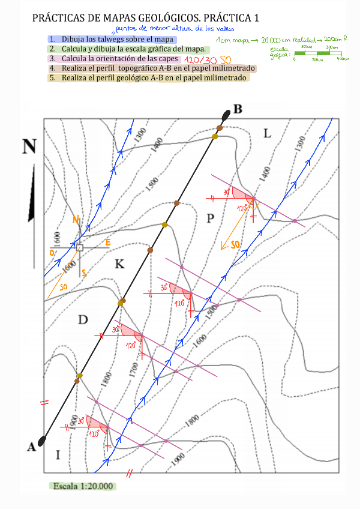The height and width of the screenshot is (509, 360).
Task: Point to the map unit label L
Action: coord(268,133)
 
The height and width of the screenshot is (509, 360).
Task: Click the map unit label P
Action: coord(210,217)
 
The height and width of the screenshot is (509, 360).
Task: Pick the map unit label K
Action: coord(119,264)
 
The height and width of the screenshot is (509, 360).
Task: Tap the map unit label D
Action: coord(83,319)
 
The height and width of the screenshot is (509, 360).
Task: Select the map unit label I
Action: coord(58,455)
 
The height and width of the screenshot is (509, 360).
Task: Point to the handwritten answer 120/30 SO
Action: coord(208,60)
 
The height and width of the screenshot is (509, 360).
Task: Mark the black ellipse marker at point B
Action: coord(226,115)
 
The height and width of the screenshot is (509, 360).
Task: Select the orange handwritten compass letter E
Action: coord(108,242)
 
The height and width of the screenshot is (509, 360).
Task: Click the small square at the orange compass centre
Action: coord(79,247)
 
